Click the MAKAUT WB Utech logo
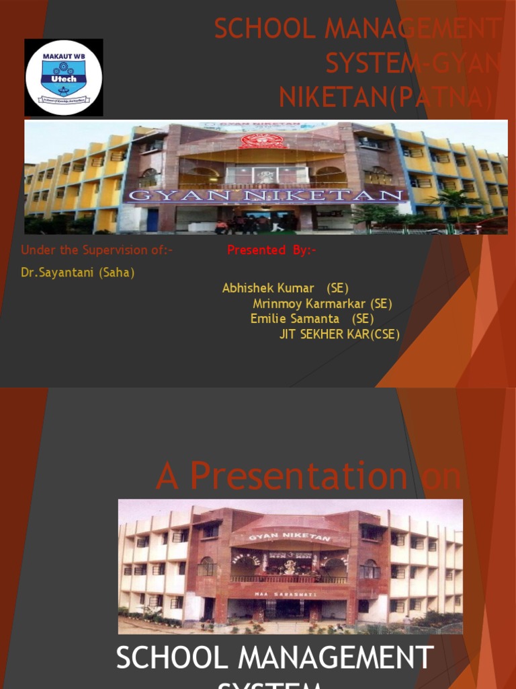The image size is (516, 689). coord(64,77)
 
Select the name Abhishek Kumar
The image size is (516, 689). coord(268,288)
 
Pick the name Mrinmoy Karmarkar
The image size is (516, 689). coord(309,303)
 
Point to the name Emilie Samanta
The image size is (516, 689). coord(295,318)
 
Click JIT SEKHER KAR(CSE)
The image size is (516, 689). coord(339,334)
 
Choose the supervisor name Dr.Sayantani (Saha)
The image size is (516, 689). coord(78,273)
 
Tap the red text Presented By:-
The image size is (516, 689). coord(271,250)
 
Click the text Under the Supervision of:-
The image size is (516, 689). coord(97,250)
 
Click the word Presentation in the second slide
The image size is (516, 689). coord(298,476)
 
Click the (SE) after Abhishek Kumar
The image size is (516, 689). coord(337,288)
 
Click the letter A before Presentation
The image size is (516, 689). coord(168,476)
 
